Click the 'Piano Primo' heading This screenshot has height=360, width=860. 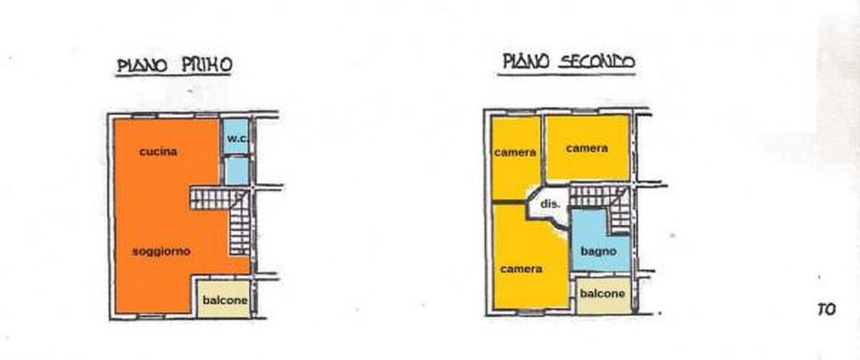(174, 65)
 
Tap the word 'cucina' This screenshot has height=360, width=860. (158, 152)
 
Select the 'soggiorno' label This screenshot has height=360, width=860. (161, 251)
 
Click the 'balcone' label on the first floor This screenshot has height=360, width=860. (225, 300)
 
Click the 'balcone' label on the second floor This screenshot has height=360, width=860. (602, 294)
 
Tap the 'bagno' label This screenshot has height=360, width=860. (598, 251)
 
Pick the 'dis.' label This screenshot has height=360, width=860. (550, 204)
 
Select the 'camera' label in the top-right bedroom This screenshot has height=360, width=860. (587, 148)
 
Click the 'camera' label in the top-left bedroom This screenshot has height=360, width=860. (515, 153)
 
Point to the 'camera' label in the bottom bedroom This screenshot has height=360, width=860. (521, 269)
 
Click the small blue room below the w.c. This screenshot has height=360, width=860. (237, 171)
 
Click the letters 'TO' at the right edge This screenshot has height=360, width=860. (826, 310)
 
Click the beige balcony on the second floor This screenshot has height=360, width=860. (603, 296)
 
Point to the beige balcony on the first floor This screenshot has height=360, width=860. (224, 299)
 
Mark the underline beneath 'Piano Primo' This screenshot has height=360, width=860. (173, 75)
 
